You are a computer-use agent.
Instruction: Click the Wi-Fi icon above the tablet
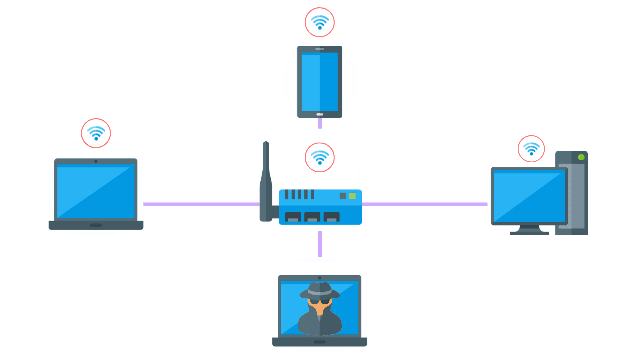320,22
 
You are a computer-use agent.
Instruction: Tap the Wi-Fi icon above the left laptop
96,133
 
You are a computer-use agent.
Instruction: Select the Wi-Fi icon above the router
320,158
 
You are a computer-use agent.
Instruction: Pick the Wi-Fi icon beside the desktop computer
531,149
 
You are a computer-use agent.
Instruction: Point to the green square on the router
352,196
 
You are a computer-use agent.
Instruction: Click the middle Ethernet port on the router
312,217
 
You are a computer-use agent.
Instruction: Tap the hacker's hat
320,290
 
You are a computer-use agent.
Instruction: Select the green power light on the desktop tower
581,157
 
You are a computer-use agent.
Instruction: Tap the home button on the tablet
320,114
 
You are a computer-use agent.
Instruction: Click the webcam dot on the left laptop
96,161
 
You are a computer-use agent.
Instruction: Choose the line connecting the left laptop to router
200,204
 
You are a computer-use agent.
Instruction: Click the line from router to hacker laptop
320,244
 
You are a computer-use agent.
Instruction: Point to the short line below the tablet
320,123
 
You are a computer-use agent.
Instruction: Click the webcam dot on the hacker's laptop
320,278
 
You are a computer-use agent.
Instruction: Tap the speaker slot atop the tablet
320,49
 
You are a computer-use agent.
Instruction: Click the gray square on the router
343,196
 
